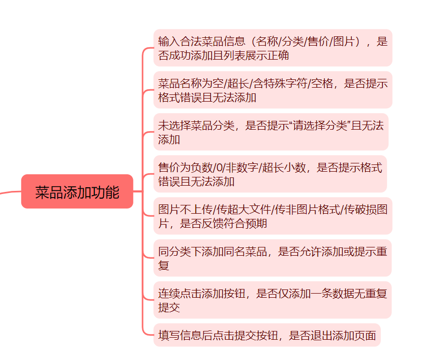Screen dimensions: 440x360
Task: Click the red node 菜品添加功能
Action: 77,192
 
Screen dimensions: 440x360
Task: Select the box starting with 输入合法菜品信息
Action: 272,48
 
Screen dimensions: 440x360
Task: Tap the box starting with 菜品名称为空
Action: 272,90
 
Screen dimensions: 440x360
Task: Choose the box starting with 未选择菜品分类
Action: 270,132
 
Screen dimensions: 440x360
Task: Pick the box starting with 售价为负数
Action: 270,174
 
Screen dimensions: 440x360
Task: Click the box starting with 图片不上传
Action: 272,216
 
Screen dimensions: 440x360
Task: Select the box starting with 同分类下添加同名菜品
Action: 272,258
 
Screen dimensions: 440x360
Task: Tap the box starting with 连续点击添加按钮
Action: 272,300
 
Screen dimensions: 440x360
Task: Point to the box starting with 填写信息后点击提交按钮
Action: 267,335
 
